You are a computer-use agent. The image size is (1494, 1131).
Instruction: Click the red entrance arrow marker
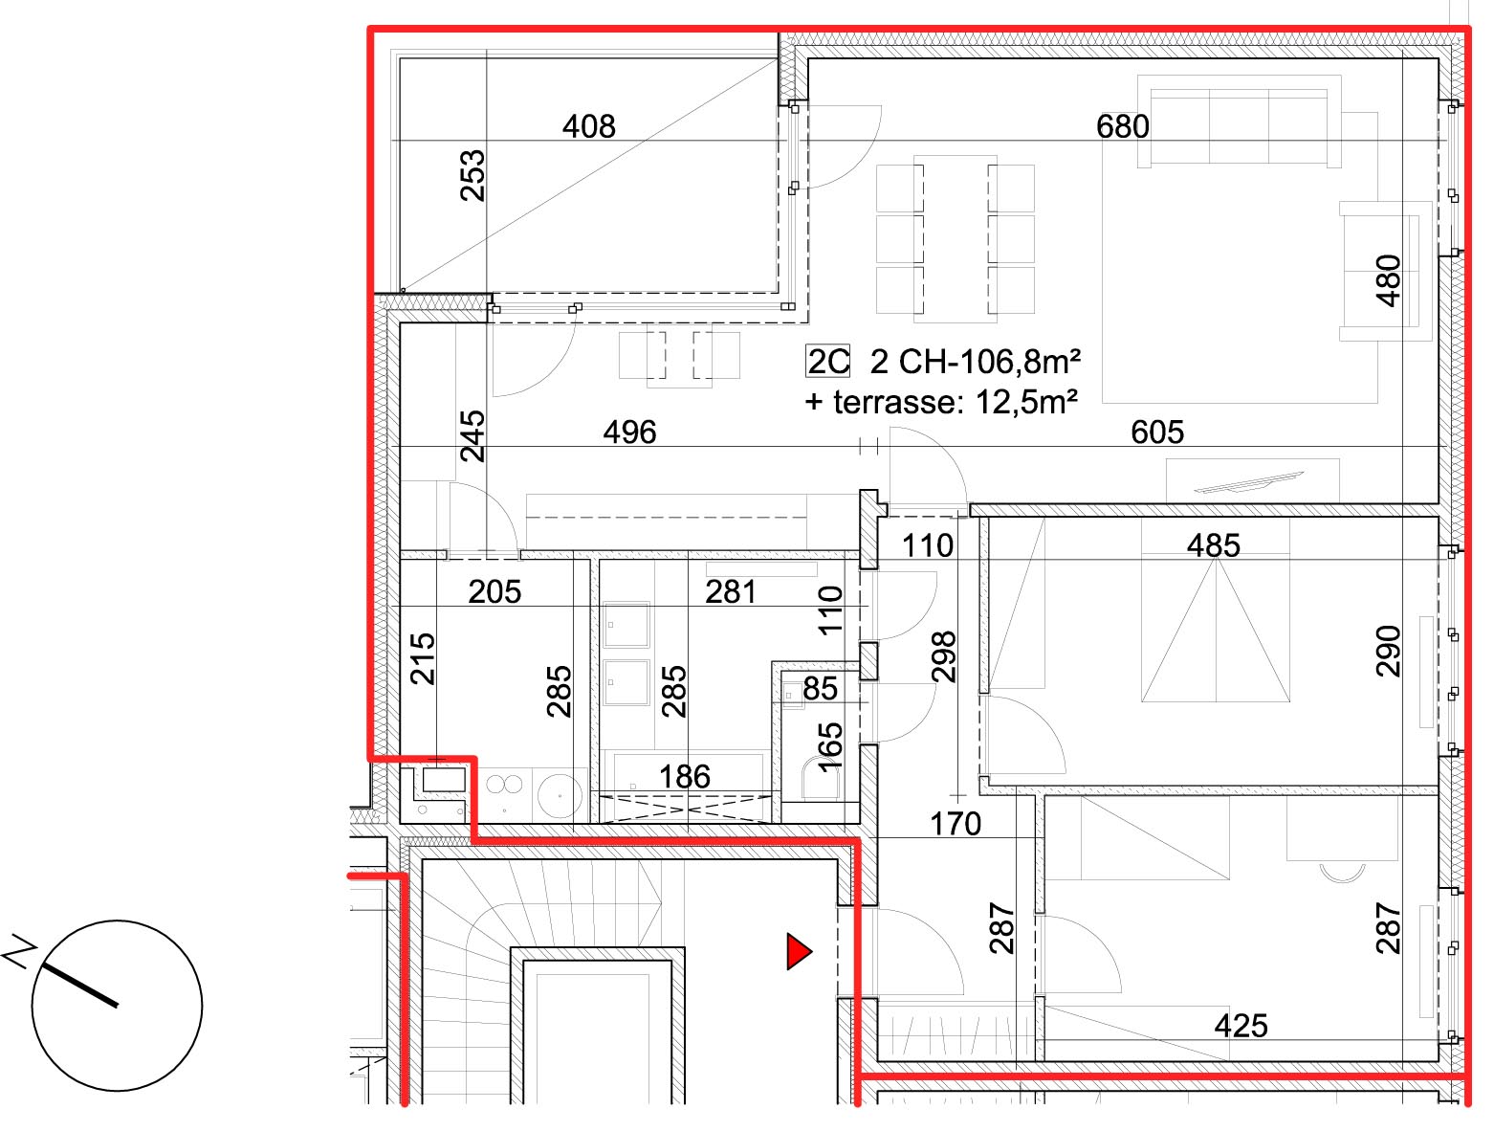(x=799, y=951)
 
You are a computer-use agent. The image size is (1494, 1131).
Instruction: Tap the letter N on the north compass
(x=19, y=950)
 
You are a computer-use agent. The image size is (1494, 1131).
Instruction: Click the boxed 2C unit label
(x=827, y=362)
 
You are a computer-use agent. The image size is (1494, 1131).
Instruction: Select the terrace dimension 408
(x=589, y=126)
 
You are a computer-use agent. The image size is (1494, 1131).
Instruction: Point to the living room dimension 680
(x=1122, y=126)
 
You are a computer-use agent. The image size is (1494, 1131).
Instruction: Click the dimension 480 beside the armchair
(x=1389, y=280)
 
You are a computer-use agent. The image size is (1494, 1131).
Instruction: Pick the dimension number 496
(x=629, y=432)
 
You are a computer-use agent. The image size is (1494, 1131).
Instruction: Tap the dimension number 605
(x=1157, y=432)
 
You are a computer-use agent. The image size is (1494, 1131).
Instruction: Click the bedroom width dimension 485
(x=1214, y=545)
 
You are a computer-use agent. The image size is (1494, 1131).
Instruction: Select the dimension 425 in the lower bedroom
(x=1241, y=1026)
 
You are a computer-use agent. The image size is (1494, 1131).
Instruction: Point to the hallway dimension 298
(x=943, y=657)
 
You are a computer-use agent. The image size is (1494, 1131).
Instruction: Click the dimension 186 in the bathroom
(x=685, y=777)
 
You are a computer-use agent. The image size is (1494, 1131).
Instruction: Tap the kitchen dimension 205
(x=494, y=591)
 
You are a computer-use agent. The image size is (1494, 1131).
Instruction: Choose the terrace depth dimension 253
(x=472, y=176)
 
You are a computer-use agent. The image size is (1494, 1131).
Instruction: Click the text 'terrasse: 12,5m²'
(x=955, y=403)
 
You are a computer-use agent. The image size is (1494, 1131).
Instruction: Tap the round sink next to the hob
(x=560, y=794)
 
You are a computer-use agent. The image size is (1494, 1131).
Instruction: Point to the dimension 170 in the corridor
(x=956, y=824)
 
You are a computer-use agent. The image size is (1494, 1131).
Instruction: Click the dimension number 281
(x=731, y=591)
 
